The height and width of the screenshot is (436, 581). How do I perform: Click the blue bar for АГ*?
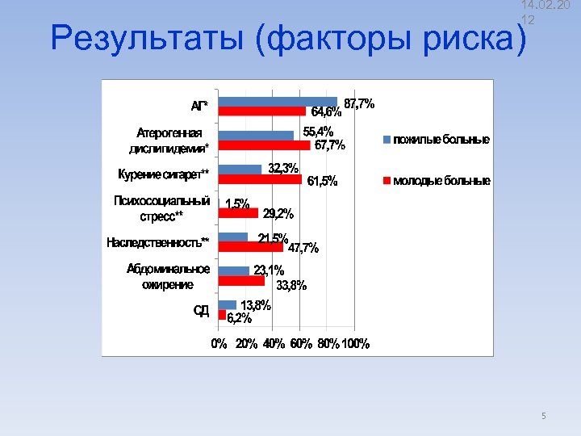[278, 102]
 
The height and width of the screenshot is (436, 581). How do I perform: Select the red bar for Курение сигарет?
[260, 179]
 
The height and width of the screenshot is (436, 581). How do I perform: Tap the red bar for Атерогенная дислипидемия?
[264, 145]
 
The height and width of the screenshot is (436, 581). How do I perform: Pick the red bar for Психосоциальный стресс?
[238, 213]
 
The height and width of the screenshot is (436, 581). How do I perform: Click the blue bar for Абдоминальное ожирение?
[234, 270]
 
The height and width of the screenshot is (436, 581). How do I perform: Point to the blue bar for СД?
[228, 304]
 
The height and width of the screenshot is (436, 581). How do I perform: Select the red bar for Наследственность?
[250, 247]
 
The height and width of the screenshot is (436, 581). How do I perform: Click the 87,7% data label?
[359, 103]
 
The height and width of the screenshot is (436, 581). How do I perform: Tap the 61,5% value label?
[322, 181]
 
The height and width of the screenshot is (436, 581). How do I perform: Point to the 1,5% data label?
[237, 204]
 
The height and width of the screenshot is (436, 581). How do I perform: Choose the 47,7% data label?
[303, 248]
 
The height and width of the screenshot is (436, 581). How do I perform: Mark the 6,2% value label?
[240, 317]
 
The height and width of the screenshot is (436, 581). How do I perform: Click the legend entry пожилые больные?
[441, 140]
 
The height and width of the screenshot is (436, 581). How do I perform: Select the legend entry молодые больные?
[441, 181]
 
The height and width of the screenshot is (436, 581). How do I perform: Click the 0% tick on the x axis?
[219, 344]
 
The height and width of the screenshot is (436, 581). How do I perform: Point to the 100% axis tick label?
[356, 344]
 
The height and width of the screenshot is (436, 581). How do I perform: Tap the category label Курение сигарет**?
[163, 174]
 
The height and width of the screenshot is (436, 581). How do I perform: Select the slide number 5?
[543, 416]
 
